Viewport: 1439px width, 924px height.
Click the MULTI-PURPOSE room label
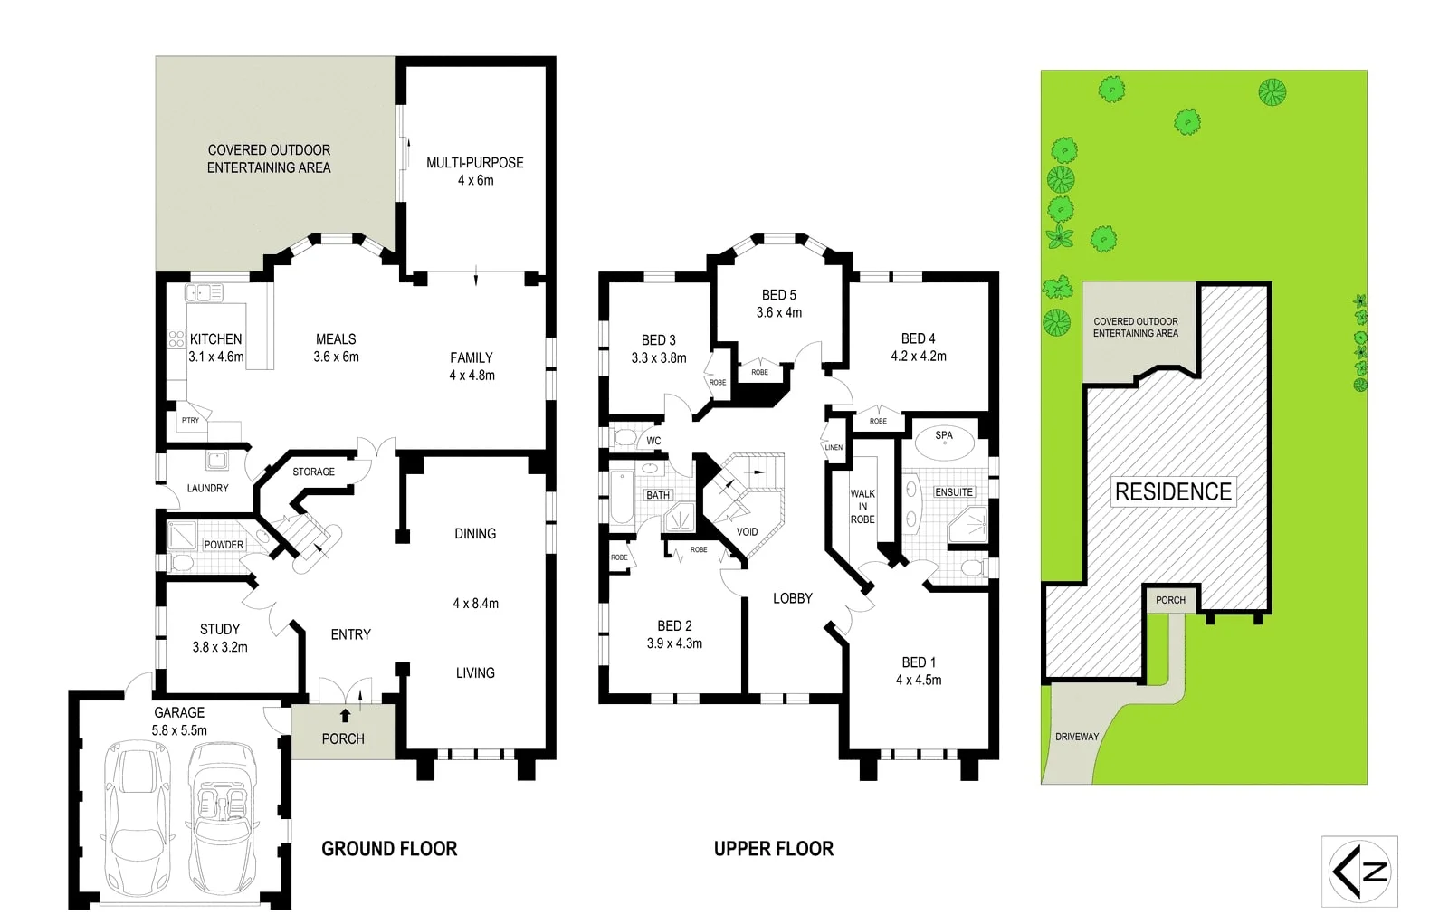tap(474, 163)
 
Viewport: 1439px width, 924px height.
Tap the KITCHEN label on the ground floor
tap(215, 339)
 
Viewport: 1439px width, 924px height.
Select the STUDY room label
tap(220, 629)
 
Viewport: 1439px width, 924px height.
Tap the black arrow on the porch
tap(344, 715)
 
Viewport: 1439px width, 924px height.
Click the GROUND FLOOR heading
tap(389, 849)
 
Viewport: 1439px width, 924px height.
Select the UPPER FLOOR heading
tap(774, 849)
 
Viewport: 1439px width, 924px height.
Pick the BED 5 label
tap(778, 295)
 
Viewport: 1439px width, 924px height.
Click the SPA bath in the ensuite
tap(944, 442)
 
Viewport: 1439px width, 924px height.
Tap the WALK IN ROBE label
tap(862, 507)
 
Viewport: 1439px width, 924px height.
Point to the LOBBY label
tap(792, 598)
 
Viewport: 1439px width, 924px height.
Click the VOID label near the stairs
tap(747, 532)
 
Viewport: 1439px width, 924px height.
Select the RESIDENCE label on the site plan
tap(1173, 492)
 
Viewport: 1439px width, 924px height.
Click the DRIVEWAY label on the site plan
tap(1077, 737)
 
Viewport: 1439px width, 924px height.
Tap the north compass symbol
tap(1359, 872)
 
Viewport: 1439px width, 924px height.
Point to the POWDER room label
tap(224, 545)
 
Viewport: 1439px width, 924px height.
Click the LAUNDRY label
tap(207, 489)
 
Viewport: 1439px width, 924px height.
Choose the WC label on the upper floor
tap(653, 442)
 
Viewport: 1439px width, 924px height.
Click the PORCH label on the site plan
tap(1170, 600)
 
